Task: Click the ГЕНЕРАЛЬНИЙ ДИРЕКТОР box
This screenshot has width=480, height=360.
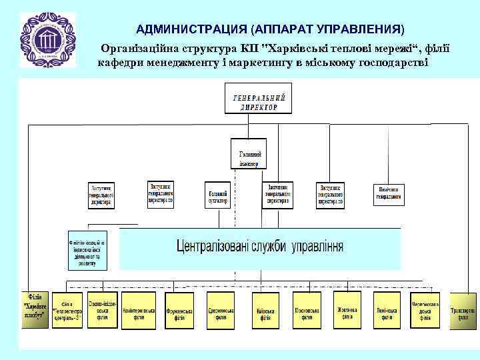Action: click(x=259, y=101)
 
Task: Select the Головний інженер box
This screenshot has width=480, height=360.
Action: click(x=248, y=155)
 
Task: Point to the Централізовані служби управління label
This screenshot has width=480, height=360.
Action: click(x=260, y=247)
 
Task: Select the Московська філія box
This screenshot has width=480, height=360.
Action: click(x=306, y=311)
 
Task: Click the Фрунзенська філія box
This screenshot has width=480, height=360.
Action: click(x=181, y=311)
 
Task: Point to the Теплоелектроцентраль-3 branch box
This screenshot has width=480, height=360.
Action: click(x=67, y=310)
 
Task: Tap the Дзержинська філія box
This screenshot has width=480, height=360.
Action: click(x=223, y=311)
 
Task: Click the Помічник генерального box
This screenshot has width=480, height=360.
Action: click(x=389, y=193)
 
